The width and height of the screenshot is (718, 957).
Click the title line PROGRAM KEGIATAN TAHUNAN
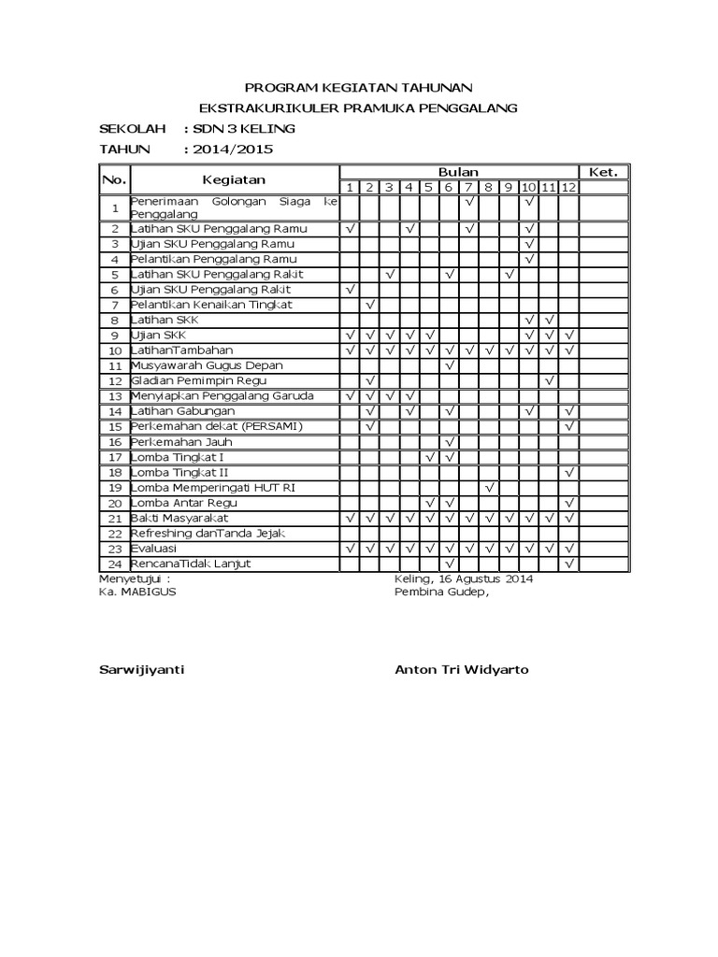(359, 86)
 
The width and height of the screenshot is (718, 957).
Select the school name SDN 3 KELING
(240, 128)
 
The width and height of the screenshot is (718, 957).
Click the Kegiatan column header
(234, 179)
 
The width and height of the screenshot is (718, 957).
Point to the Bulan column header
(459, 172)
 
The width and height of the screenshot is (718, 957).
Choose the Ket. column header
(603, 172)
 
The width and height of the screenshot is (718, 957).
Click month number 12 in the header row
(569, 188)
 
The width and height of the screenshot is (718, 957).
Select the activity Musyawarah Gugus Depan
(207, 365)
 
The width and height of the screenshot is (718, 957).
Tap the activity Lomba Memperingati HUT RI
(214, 488)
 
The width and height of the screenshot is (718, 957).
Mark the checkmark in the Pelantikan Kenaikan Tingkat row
(370, 305)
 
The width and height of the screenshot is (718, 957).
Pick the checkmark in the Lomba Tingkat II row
(569, 473)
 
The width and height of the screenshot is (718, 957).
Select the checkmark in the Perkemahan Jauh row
(450, 442)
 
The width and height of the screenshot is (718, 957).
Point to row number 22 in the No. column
(115, 534)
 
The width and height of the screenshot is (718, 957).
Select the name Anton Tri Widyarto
(461, 670)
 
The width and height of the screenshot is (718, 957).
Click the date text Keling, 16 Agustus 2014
(464, 579)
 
